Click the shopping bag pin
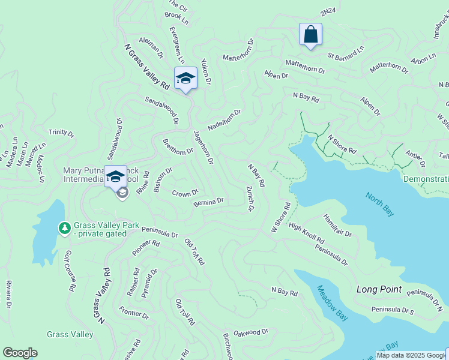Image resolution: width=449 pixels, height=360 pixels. [x=310, y=34]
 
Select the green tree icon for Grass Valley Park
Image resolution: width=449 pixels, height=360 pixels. [x=64, y=228]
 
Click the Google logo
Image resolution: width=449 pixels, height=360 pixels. [x=20, y=353]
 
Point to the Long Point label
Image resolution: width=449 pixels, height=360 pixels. [x=379, y=289]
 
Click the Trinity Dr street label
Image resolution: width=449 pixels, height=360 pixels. [x=61, y=132]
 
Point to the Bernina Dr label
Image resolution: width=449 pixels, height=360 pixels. [x=209, y=202]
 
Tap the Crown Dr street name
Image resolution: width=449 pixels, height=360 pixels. [x=185, y=193]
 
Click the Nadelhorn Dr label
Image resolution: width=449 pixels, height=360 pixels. [x=224, y=120]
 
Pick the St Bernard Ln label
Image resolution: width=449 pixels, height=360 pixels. [x=346, y=53]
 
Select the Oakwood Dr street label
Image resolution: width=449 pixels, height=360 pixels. [x=251, y=332]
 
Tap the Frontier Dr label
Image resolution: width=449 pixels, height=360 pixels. [x=133, y=313]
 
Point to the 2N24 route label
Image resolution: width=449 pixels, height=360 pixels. [x=327, y=12]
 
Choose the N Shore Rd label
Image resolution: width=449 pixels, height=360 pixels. [x=342, y=144]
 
